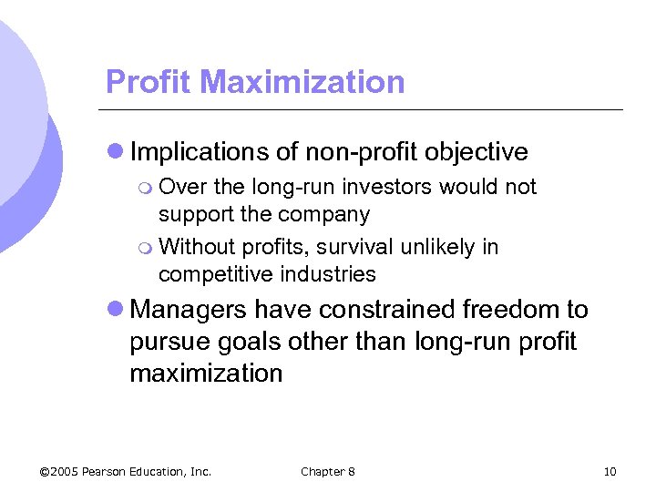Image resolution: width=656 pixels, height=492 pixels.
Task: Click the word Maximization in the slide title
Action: (x=304, y=82)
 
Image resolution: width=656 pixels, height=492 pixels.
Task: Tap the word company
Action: (x=325, y=215)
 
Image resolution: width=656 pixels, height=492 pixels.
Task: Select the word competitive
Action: (x=217, y=274)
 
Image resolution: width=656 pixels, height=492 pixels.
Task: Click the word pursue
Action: (x=169, y=343)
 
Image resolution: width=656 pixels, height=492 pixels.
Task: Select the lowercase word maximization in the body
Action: (x=206, y=374)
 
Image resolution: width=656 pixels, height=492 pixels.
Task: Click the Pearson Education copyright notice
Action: (x=126, y=471)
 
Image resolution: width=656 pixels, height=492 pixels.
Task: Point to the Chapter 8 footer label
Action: (x=328, y=471)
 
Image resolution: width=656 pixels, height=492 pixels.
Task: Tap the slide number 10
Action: (x=610, y=471)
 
